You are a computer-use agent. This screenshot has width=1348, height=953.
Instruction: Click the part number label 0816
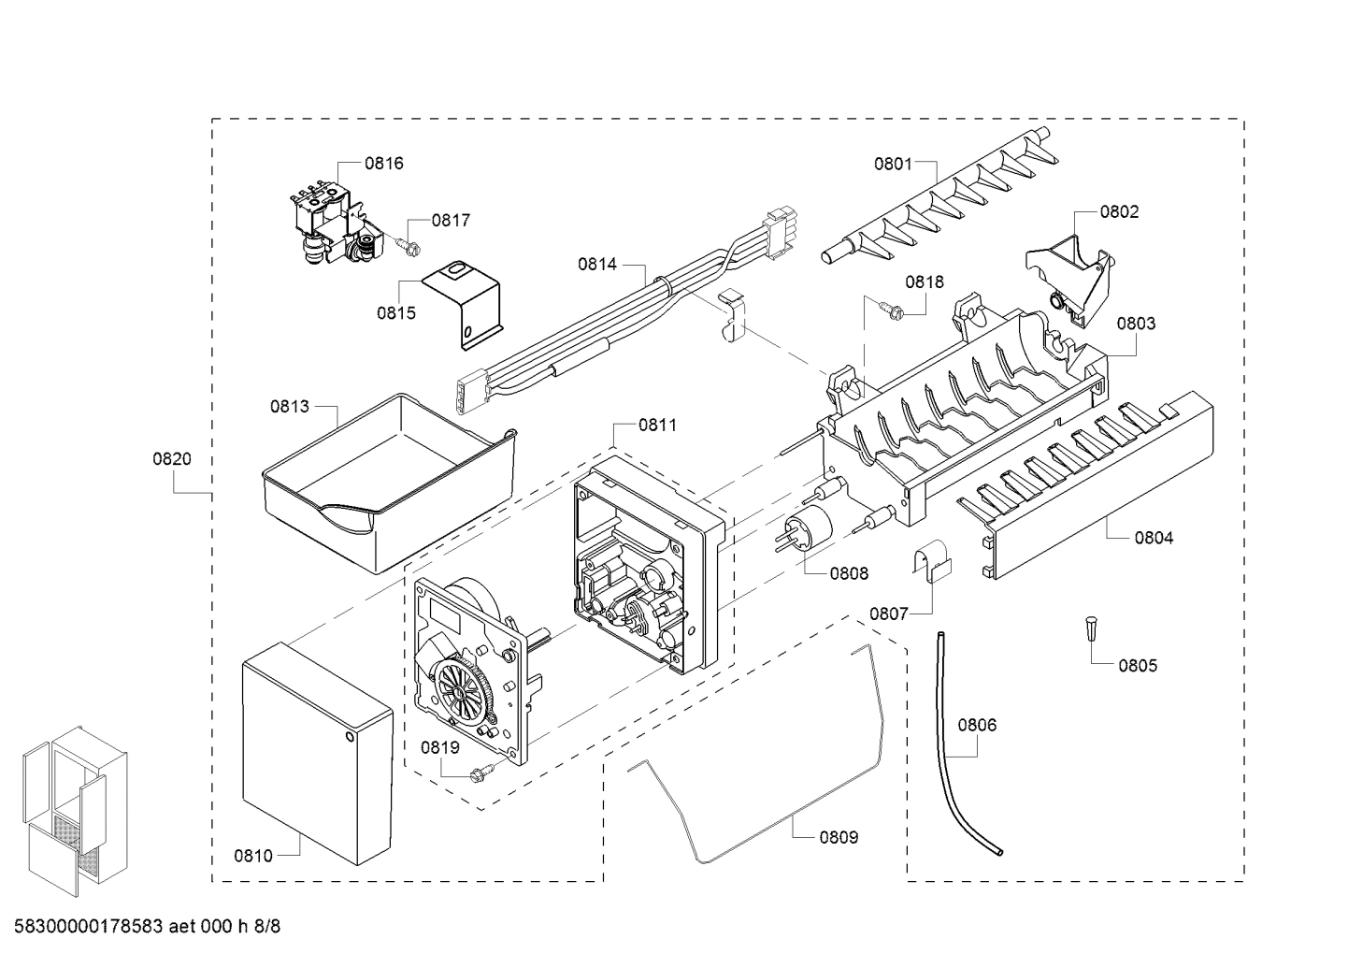coord(383,163)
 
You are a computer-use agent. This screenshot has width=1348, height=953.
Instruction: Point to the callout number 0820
coord(171,458)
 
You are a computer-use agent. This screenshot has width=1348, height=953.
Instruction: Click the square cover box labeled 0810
coord(315,748)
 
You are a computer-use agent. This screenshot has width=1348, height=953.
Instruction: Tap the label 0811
coord(657,425)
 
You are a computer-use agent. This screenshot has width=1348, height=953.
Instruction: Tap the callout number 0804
coord(1154,537)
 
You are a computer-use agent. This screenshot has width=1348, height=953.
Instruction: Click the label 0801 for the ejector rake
coord(893,164)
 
